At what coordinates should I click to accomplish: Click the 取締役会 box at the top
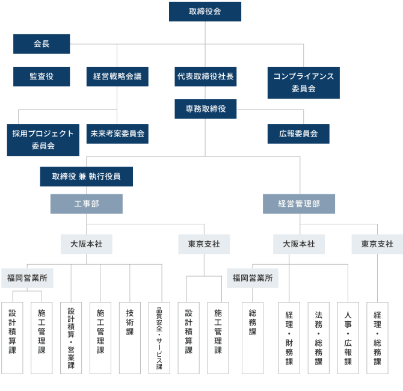(x=205, y=11)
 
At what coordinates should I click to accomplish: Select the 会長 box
(x=42, y=44)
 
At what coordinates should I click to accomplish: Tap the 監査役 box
(x=42, y=76)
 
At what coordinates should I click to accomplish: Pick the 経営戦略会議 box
(x=117, y=76)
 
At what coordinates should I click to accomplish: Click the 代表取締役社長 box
(x=205, y=76)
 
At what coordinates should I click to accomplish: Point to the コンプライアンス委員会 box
(x=303, y=82)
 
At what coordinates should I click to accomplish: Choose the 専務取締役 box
(x=205, y=109)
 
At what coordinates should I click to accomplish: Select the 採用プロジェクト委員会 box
(x=43, y=140)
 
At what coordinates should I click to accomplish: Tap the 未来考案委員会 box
(x=117, y=134)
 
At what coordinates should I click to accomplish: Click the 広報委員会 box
(x=298, y=134)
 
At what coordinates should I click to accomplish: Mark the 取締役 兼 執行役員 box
(x=86, y=176)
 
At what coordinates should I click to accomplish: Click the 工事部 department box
(x=86, y=204)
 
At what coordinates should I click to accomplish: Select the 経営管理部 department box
(x=299, y=204)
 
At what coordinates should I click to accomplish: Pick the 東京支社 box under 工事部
(x=204, y=244)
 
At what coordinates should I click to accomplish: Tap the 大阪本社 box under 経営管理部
(x=299, y=244)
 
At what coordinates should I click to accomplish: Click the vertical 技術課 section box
(x=129, y=337)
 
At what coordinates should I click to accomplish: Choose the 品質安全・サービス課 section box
(x=159, y=337)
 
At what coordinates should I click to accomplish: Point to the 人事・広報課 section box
(x=348, y=337)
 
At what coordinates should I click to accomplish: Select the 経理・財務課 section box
(x=289, y=337)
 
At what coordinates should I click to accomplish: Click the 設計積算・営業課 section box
(x=71, y=337)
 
